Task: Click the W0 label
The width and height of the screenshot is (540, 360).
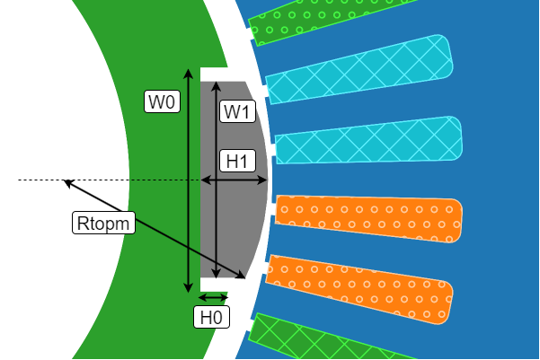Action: click(x=163, y=102)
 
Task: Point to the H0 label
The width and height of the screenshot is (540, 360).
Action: click(x=211, y=317)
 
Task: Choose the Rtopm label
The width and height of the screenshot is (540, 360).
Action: click(x=102, y=222)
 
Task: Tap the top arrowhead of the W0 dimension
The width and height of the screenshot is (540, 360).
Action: click(x=187, y=69)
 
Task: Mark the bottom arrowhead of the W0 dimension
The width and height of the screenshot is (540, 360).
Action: click(x=187, y=290)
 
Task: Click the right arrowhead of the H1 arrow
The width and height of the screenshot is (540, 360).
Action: click(x=265, y=180)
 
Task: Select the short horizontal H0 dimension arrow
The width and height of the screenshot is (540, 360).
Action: click(x=214, y=297)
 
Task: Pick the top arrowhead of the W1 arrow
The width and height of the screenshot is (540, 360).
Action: click(x=215, y=83)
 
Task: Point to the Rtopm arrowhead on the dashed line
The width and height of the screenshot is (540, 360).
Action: click(x=65, y=182)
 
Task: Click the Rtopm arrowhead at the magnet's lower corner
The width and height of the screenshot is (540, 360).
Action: click(x=243, y=275)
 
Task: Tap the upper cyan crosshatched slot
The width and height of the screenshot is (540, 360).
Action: click(x=359, y=69)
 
